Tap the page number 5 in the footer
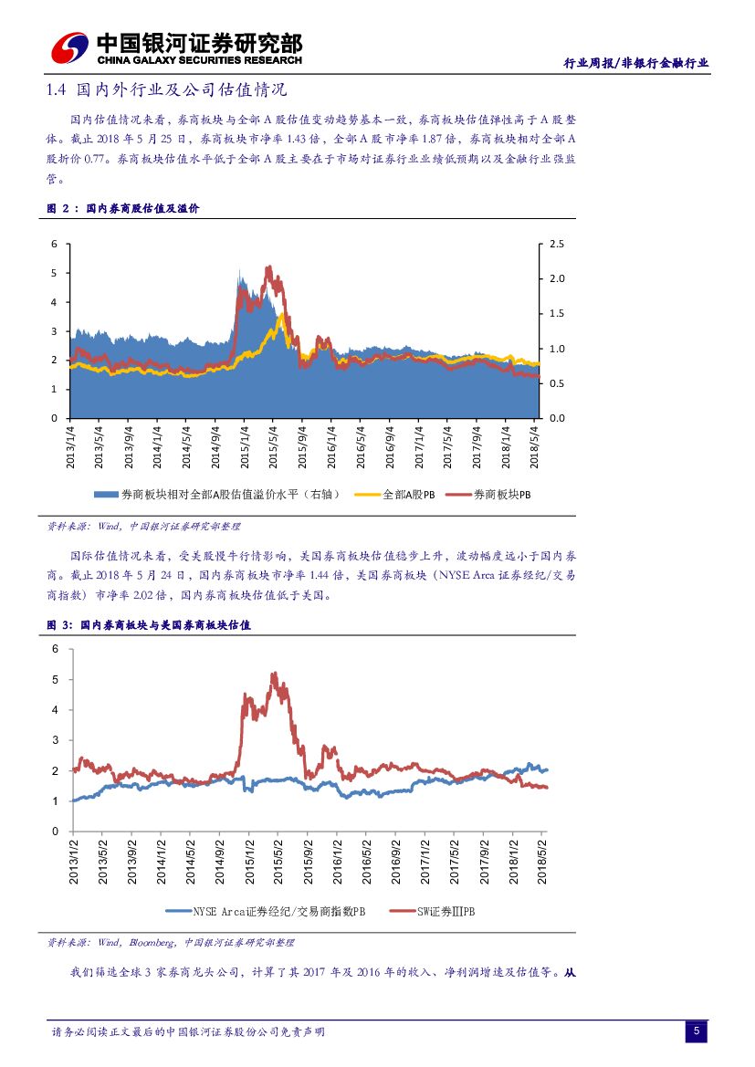click(x=696, y=1031)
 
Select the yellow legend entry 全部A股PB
click(x=402, y=495)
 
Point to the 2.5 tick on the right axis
click(x=557, y=245)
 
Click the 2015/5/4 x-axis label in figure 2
click(x=274, y=446)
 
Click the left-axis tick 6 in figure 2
click(x=55, y=245)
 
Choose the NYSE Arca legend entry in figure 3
click(x=265, y=911)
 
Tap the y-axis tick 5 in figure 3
click(x=55, y=680)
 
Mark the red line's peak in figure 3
click(x=274, y=674)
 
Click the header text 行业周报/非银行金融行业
click(x=635, y=62)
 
